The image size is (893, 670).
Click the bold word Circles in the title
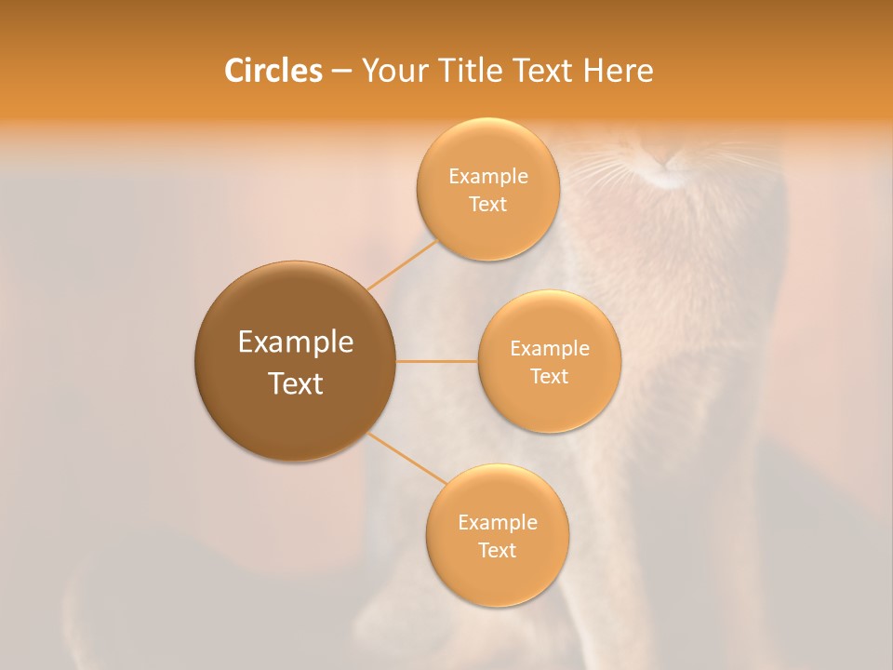pos(273,71)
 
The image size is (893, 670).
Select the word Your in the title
pos(393,71)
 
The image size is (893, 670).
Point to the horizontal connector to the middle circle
pos(437,361)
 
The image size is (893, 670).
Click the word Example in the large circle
pos(295,342)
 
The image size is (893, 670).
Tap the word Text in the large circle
pos(295,383)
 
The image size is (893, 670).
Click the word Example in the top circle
pos(487,177)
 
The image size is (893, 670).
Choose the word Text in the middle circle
pos(549,376)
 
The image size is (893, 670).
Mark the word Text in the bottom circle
pos(497,550)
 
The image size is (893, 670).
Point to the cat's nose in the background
pos(668,165)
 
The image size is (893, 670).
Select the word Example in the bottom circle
pos(497,522)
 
